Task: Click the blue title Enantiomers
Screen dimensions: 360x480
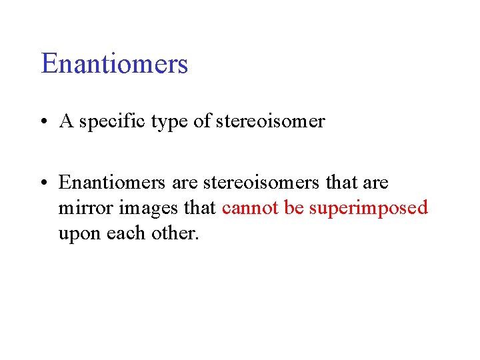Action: pos(115,64)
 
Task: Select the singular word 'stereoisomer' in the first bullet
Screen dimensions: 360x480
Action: pos(271,121)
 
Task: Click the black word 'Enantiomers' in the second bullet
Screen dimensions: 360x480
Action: pos(110,182)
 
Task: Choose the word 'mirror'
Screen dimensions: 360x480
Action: pos(85,208)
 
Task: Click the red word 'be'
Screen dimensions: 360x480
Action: pos(293,208)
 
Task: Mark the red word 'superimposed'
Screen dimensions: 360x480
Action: pos(369,209)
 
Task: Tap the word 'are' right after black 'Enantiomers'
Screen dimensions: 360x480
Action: pos(183,183)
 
